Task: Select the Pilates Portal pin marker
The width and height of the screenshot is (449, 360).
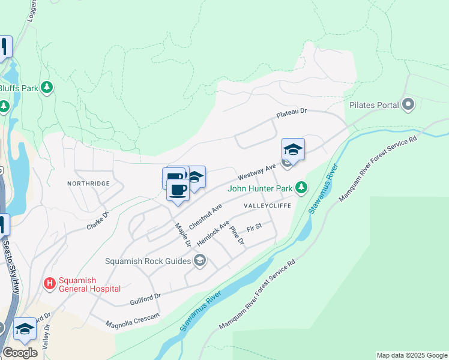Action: (x=409, y=105)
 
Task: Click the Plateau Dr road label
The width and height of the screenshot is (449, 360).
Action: (x=291, y=112)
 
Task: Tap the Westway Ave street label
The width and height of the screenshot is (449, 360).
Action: (x=256, y=172)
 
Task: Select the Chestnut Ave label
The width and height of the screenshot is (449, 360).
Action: (x=205, y=215)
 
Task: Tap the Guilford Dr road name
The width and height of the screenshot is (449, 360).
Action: (x=145, y=299)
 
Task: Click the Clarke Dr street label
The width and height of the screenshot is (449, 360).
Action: (x=98, y=220)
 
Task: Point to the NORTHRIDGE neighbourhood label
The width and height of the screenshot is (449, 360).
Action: (x=88, y=183)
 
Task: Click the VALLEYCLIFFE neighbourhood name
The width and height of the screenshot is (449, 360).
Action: (x=267, y=205)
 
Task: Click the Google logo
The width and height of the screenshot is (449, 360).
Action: (x=20, y=353)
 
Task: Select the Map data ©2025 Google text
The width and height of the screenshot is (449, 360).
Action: (x=412, y=355)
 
